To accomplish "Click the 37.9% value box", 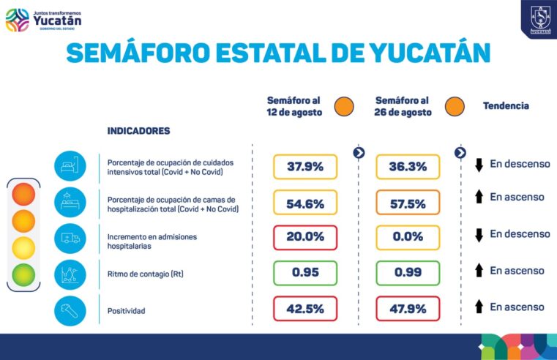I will (305, 167).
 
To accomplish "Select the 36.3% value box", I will (408, 167).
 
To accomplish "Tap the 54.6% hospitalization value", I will (305, 203).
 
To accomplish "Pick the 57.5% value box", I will (408, 203).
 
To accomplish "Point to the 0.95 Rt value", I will (305, 273).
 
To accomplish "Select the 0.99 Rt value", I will (408, 273).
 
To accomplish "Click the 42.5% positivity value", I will (305, 308).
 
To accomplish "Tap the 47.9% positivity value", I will (408, 308).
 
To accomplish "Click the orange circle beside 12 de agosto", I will (344, 107).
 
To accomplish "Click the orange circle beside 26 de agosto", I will (454, 107).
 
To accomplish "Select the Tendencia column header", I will (505, 106).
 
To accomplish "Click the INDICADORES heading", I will (138, 131).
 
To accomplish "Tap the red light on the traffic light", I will (23, 194).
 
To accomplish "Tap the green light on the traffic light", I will (23, 274).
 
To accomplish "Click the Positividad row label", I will (126, 311).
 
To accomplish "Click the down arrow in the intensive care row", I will (479, 165).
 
